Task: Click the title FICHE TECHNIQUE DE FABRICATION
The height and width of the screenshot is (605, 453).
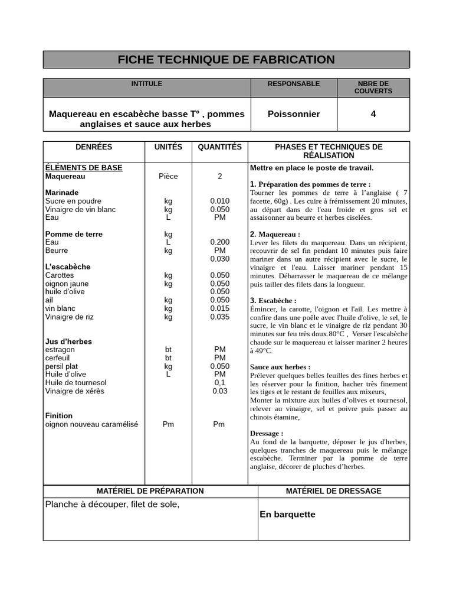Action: coord(226,60)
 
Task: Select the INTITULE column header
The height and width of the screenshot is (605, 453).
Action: coord(146,84)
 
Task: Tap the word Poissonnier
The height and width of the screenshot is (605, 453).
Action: coord(293,114)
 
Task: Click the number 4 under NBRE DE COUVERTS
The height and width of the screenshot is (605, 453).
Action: coord(373,114)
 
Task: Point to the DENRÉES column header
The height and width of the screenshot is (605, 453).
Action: coord(93,147)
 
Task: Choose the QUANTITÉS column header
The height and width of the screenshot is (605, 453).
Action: coord(219,147)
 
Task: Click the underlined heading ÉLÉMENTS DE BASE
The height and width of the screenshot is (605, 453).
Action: coord(84,168)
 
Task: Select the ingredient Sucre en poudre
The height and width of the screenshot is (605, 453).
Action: coord(73,201)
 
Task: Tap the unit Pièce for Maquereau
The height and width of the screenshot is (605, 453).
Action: coord(168,176)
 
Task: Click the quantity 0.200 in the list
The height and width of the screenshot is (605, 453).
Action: coord(219,242)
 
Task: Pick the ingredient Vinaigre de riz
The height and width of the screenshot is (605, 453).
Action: coord(69,317)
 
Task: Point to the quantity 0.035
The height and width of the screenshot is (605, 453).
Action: coord(219,317)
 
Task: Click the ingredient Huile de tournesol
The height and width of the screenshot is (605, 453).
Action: coord(75,383)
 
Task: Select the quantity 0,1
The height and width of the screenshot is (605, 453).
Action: coord(219,383)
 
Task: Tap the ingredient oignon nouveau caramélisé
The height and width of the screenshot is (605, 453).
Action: coord(91,424)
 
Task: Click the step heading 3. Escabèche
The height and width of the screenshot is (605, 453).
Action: coord(273,301)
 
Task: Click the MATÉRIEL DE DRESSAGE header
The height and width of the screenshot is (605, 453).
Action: coord(333,491)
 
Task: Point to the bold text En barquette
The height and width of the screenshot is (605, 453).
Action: coord(287,515)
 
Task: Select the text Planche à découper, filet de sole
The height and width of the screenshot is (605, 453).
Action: coord(112,504)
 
